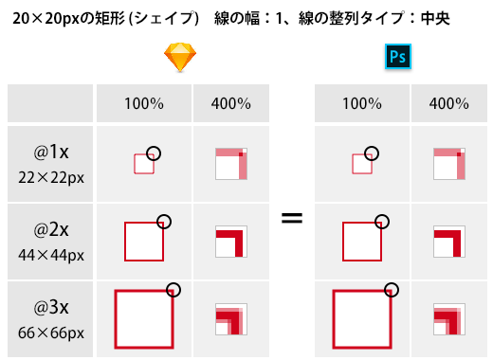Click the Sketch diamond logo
pos(180,57)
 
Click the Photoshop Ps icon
pos(398,57)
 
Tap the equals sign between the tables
pos(292,218)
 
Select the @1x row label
pos(51,153)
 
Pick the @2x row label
pos(51,229)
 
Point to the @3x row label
pos(51,307)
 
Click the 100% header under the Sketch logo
pos(144,103)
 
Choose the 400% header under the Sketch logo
pos(231,103)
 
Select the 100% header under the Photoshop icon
pos(362,103)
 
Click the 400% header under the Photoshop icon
pos(448,103)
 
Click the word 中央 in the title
pos(435,18)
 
